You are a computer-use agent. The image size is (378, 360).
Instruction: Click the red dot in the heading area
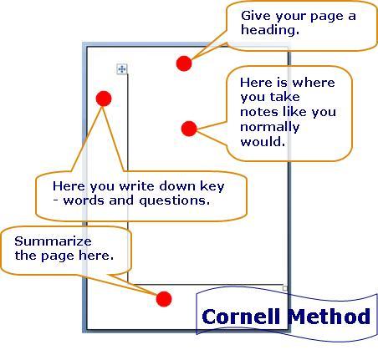point(184,63)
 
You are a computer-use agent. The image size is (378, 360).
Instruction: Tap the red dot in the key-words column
point(104,99)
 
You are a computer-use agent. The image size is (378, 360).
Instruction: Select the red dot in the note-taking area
point(189,129)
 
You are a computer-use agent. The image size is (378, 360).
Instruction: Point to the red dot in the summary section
point(164,299)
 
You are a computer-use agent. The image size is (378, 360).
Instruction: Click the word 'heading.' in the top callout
point(270,30)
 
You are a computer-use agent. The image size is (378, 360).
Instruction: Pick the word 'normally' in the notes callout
point(270,128)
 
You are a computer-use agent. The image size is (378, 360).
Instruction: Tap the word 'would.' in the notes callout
point(263,142)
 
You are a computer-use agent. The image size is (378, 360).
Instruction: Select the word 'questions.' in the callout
point(174,201)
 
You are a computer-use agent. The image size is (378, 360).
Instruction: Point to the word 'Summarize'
point(53,241)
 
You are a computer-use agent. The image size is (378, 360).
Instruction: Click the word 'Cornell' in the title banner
point(241,317)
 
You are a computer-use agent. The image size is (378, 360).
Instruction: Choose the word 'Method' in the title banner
point(329,317)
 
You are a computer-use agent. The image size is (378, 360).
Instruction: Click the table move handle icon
point(122,68)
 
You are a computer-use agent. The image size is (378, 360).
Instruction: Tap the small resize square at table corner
point(285,288)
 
